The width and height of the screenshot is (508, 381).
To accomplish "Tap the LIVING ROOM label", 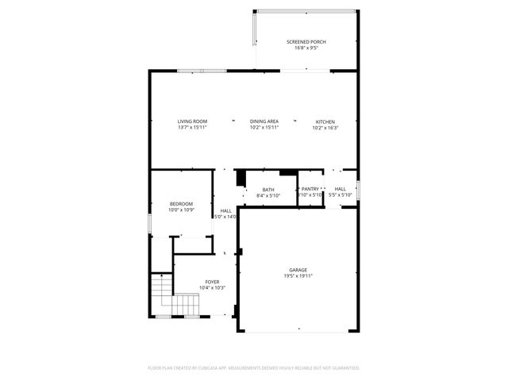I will (x=192, y=121).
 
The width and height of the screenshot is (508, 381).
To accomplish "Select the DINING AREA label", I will (x=264, y=121).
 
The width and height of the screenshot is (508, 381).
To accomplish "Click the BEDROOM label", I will (x=181, y=205).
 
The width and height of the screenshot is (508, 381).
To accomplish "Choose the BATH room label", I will (x=268, y=189).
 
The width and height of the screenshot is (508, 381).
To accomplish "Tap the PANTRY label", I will (x=310, y=189).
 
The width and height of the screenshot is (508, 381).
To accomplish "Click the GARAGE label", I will (x=298, y=270).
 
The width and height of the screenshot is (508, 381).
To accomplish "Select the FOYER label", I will (x=212, y=282).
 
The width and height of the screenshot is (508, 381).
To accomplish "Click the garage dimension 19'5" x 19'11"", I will (x=298, y=276).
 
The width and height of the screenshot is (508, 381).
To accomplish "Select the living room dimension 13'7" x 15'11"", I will (x=192, y=128).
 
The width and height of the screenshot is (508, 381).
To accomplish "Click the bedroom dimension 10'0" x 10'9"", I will (x=181, y=211).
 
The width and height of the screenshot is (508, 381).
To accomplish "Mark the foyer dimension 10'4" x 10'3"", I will (x=212, y=288).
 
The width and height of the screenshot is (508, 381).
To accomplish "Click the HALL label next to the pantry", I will (x=340, y=189).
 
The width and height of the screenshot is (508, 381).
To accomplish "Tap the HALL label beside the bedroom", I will (x=226, y=210).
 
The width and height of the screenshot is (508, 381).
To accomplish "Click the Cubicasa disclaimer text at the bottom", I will (x=254, y=368).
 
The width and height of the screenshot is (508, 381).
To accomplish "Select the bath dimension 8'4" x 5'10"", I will (x=268, y=195).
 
